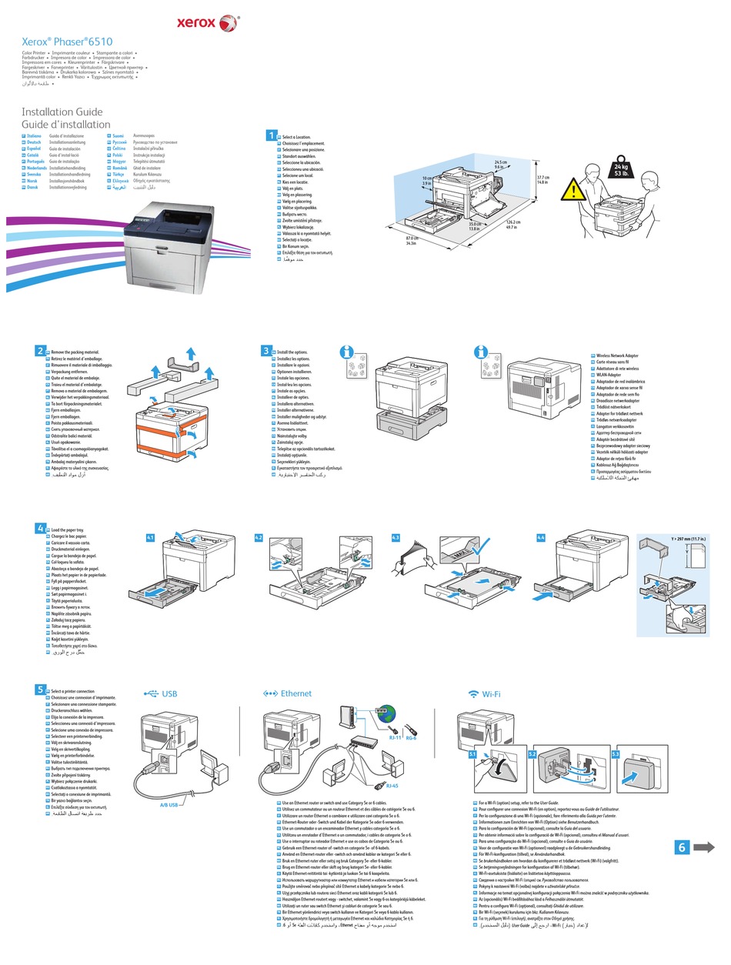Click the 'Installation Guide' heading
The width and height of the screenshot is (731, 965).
tap(60, 112)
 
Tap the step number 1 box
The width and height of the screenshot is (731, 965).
tap(271, 135)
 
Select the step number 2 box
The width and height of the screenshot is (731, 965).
tap(40, 351)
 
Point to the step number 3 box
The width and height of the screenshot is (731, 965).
tap(266, 350)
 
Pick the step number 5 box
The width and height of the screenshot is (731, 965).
tap(40, 689)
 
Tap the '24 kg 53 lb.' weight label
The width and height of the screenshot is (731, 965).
tap(621, 170)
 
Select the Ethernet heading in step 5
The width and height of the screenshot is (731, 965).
tap(289, 693)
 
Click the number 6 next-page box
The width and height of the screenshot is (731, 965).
tap(682, 847)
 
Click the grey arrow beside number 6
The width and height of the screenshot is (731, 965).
tap(704, 847)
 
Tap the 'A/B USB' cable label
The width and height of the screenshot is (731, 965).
tap(169, 804)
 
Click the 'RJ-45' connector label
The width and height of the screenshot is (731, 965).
tap(392, 786)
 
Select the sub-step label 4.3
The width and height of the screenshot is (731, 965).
tap(396, 537)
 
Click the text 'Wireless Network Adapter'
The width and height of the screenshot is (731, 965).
tap(618, 356)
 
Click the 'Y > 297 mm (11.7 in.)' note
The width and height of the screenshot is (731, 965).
tap(688, 537)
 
